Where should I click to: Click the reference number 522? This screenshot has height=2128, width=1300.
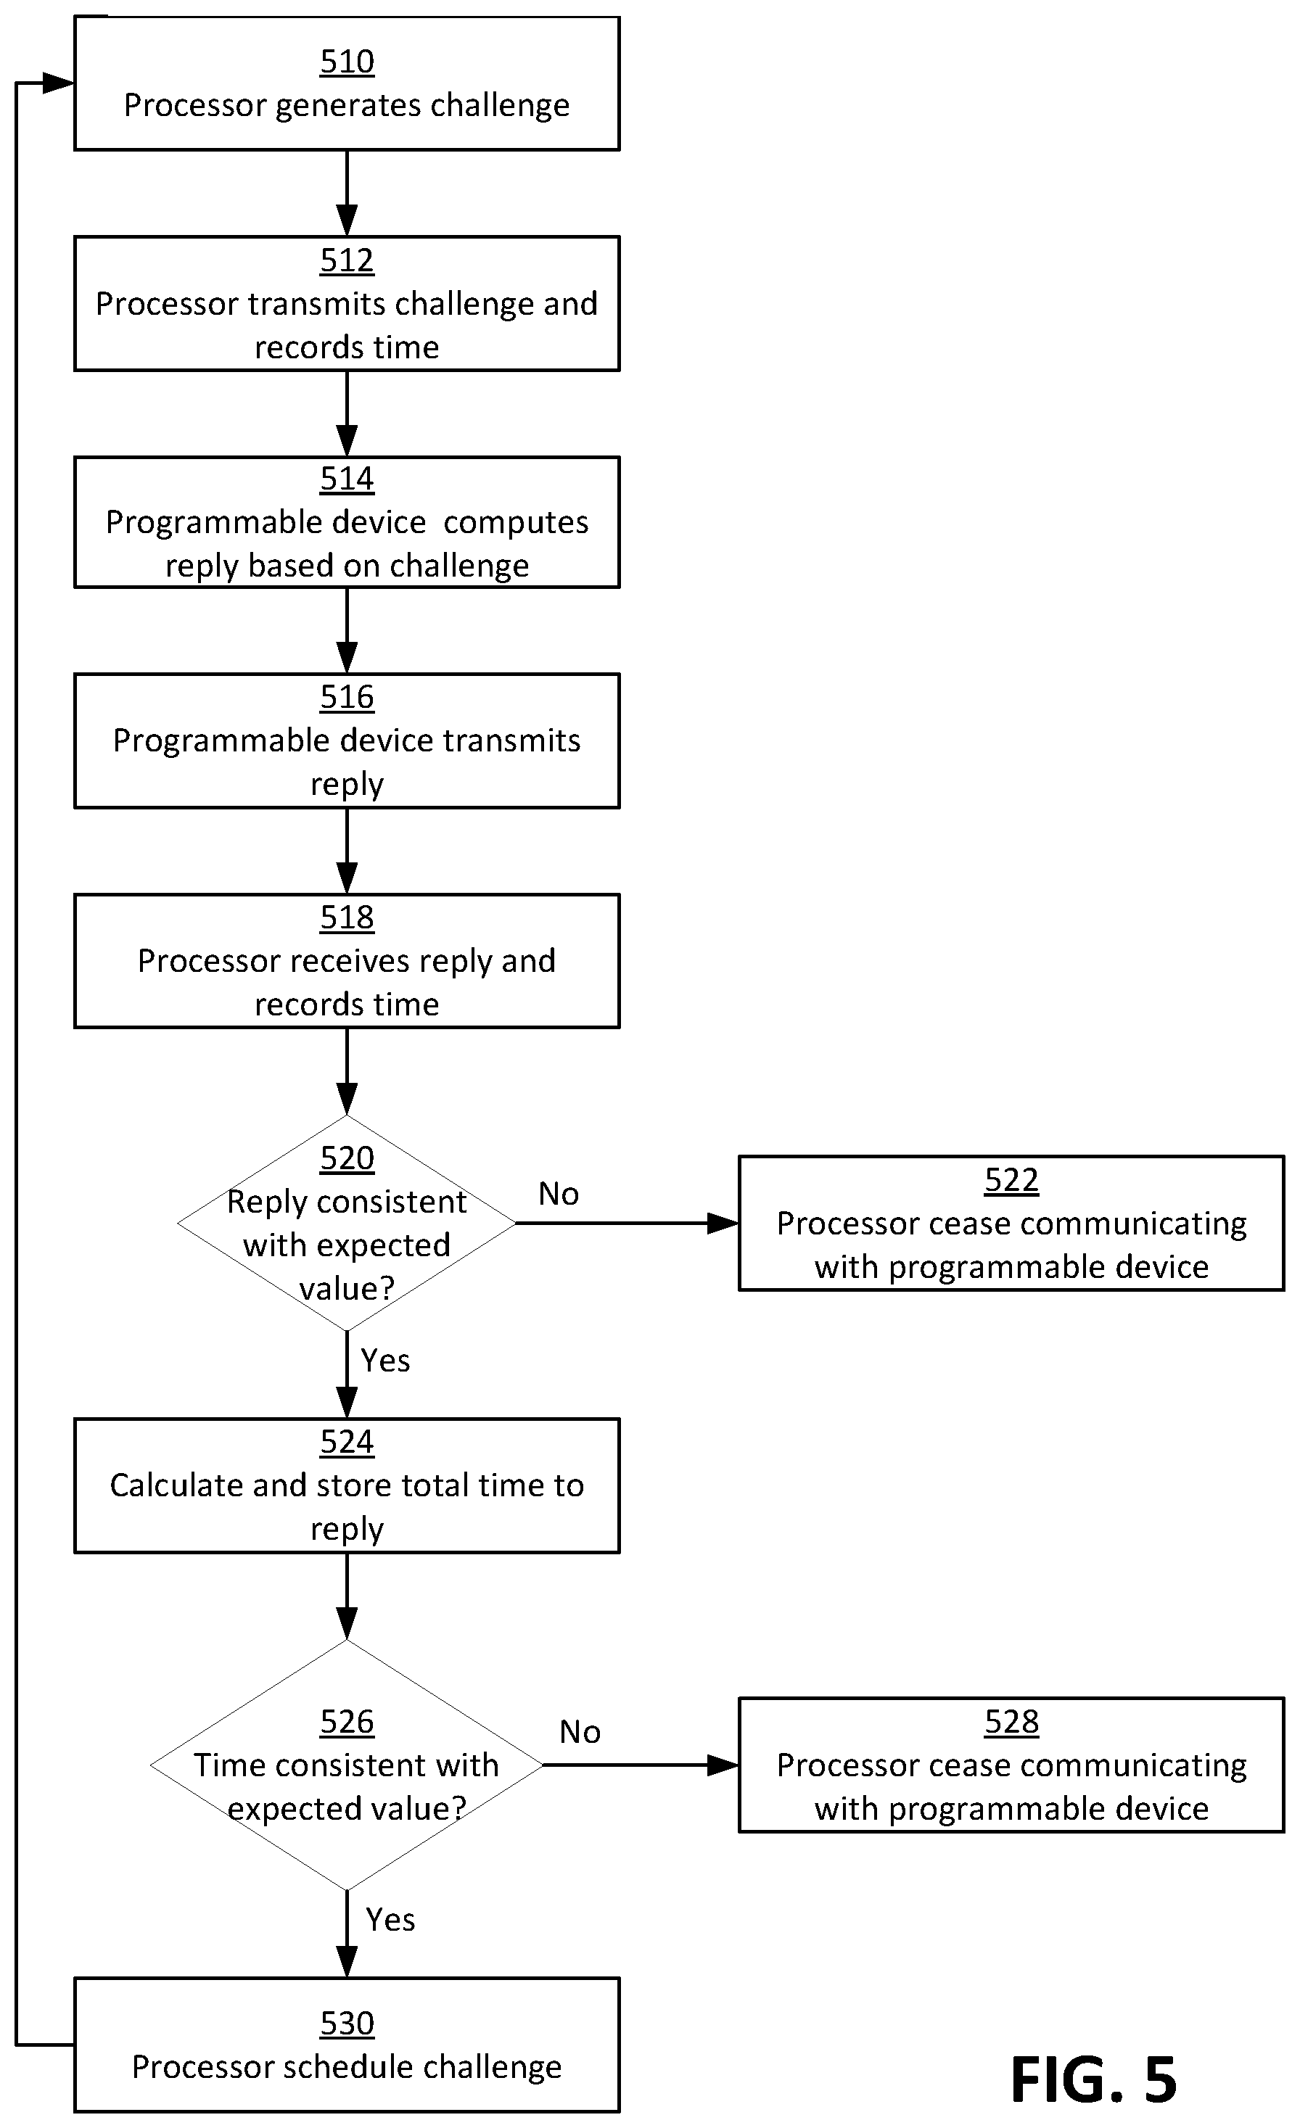point(1011,1181)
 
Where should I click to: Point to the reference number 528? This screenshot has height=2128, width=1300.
point(1011,1722)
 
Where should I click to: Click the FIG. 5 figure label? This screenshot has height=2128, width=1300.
point(1093,2079)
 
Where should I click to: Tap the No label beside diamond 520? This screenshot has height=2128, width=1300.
point(559,1195)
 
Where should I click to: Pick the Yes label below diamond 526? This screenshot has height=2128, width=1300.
point(390,1920)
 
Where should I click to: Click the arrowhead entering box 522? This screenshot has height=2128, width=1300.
point(723,1224)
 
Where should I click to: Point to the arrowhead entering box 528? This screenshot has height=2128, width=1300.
point(723,1765)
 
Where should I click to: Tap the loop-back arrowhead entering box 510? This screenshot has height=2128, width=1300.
point(59,83)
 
